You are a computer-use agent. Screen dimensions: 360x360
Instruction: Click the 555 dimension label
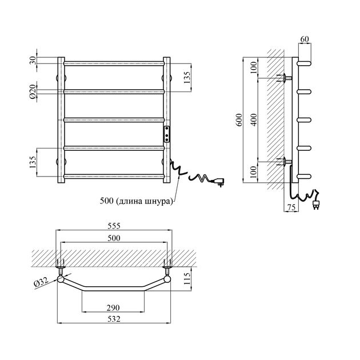click(114, 226)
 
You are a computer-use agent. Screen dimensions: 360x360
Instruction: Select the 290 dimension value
click(113, 307)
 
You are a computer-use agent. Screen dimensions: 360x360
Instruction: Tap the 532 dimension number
click(114, 319)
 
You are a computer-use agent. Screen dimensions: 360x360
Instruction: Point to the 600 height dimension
click(239, 119)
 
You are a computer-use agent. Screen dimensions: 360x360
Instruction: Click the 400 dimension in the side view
click(254, 119)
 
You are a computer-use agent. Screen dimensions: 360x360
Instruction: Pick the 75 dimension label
click(291, 207)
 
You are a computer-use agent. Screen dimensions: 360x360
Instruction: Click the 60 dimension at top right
click(305, 39)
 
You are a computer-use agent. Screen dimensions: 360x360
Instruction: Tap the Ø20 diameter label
click(33, 91)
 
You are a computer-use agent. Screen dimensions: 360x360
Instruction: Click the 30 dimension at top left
click(33, 61)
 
